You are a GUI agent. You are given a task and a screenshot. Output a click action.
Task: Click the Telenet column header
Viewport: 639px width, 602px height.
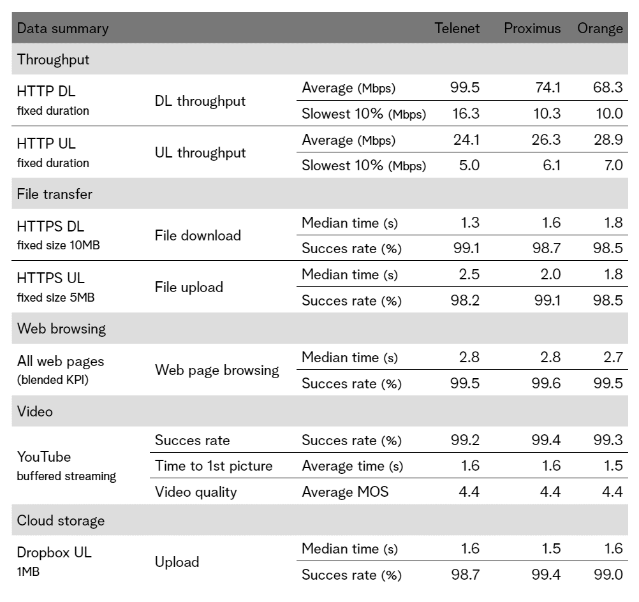pos(457,28)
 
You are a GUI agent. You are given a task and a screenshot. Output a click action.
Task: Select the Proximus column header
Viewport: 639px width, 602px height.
pos(532,28)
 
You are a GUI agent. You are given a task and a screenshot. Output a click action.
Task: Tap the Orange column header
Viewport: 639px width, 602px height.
pos(600,29)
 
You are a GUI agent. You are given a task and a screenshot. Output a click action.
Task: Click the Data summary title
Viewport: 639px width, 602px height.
pos(62,29)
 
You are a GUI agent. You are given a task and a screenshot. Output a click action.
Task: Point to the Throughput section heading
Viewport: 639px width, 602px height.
pos(53,59)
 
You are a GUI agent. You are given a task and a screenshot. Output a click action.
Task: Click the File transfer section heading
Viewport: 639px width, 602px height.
pos(55,194)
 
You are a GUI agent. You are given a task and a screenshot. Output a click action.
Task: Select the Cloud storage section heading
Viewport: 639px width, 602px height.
pos(61,521)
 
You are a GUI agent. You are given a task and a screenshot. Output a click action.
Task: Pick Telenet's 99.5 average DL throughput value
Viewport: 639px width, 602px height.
pos(465,87)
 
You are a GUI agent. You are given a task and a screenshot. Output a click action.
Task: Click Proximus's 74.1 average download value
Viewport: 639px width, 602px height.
pos(548,87)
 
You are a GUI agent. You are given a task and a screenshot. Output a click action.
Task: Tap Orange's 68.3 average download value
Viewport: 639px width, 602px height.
pos(608,87)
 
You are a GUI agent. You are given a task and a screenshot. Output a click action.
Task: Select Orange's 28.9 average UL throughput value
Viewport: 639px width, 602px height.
pos(608,140)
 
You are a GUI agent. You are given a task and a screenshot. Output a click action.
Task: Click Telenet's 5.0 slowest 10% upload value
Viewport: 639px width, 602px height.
pos(469,165)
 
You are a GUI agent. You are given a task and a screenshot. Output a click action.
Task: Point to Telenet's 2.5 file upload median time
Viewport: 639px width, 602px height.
pos(469,274)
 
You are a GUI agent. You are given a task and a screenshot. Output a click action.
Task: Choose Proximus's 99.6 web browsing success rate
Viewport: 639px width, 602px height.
pos(546,383)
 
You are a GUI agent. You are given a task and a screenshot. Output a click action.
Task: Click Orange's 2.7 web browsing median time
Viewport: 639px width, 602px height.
pos(613,358)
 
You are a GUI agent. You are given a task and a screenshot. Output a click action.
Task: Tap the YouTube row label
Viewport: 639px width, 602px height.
pos(44,457)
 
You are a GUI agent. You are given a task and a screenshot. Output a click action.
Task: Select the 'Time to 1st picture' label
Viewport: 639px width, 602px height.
pos(214,466)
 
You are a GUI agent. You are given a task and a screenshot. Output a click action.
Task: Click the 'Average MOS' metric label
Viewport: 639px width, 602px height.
pos(345,492)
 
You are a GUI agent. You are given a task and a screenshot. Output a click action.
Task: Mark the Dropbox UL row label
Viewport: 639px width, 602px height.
pos(54,553)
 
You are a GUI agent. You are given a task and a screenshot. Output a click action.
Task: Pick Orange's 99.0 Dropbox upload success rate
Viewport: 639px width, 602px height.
pos(608,575)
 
